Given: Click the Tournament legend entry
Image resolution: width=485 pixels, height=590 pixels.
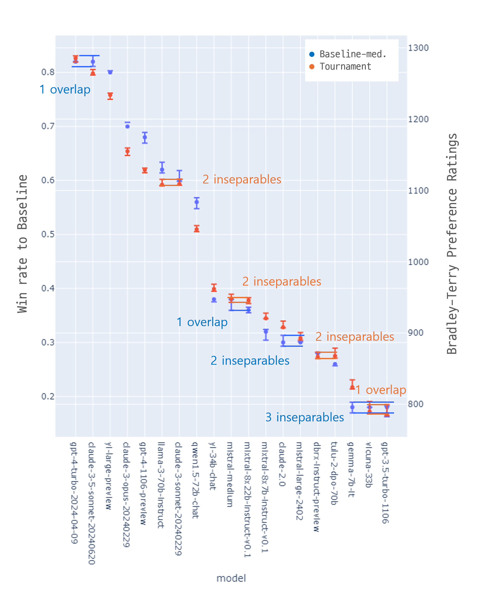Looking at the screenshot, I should pyautogui.click(x=345, y=67).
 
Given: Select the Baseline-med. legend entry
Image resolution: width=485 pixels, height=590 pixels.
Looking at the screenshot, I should pyautogui.click(x=352, y=54).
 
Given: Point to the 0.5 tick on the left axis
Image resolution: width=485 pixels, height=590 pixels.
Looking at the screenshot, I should pyautogui.click(x=48, y=234).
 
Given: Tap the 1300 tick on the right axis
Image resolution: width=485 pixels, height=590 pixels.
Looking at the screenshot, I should pyautogui.click(x=418, y=48).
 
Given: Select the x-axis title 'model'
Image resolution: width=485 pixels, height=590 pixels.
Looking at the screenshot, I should pyautogui.click(x=231, y=578).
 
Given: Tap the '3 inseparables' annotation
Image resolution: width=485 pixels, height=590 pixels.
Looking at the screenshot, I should pyautogui.click(x=305, y=417).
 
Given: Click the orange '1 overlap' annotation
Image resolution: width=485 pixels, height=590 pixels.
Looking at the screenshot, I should pyautogui.click(x=380, y=390).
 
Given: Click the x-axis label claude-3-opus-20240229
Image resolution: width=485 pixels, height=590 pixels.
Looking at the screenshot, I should pyautogui.click(x=126, y=494).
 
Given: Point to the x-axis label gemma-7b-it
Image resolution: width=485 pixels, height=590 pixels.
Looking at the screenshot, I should pyautogui.click(x=351, y=470).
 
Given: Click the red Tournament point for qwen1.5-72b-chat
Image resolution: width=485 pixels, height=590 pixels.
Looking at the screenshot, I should pyautogui.click(x=197, y=229).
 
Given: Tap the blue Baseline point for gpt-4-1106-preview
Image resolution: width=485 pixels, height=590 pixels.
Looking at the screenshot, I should pyautogui.click(x=145, y=137).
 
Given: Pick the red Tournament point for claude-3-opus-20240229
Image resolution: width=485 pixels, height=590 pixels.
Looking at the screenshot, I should pyautogui.click(x=127, y=152).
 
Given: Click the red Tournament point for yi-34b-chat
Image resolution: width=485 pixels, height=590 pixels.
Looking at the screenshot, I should pyautogui.click(x=214, y=288).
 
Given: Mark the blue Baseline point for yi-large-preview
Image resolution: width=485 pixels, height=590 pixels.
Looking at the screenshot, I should pyautogui.click(x=110, y=72).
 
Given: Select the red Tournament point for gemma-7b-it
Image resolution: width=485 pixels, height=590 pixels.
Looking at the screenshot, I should pyautogui.click(x=352, y=387).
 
